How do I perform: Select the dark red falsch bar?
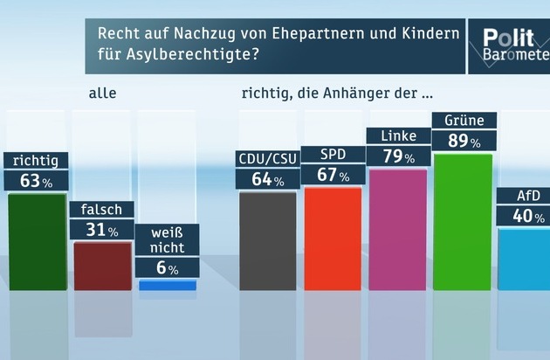[102, 266]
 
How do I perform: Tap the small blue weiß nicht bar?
[167, 285]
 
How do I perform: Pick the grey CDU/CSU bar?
[267, 240]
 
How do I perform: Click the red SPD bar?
[333, 238]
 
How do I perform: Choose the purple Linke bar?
[398, 229]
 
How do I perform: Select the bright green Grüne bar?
[463, 221]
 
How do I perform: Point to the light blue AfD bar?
[524, 258]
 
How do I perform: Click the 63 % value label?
[37, 181]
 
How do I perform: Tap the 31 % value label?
[102, 231]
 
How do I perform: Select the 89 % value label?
[464, 141]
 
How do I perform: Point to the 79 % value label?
[398, 156]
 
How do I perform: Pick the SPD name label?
[333, 155]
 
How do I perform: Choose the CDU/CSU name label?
[267, 159]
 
